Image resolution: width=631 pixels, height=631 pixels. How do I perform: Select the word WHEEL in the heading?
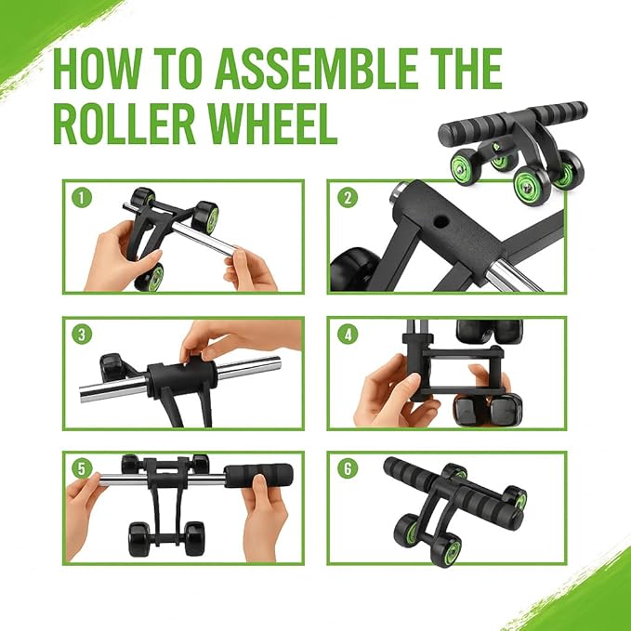pos(280,124)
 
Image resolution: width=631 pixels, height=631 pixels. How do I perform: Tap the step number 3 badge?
pos(83,333)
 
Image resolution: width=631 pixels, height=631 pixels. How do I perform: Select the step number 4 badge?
pos(348,333)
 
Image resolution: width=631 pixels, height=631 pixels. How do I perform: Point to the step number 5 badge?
pos(83,468)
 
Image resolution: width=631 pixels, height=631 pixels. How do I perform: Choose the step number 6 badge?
pos(348,468)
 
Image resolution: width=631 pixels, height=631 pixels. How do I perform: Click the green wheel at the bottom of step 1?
pos(153,278)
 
